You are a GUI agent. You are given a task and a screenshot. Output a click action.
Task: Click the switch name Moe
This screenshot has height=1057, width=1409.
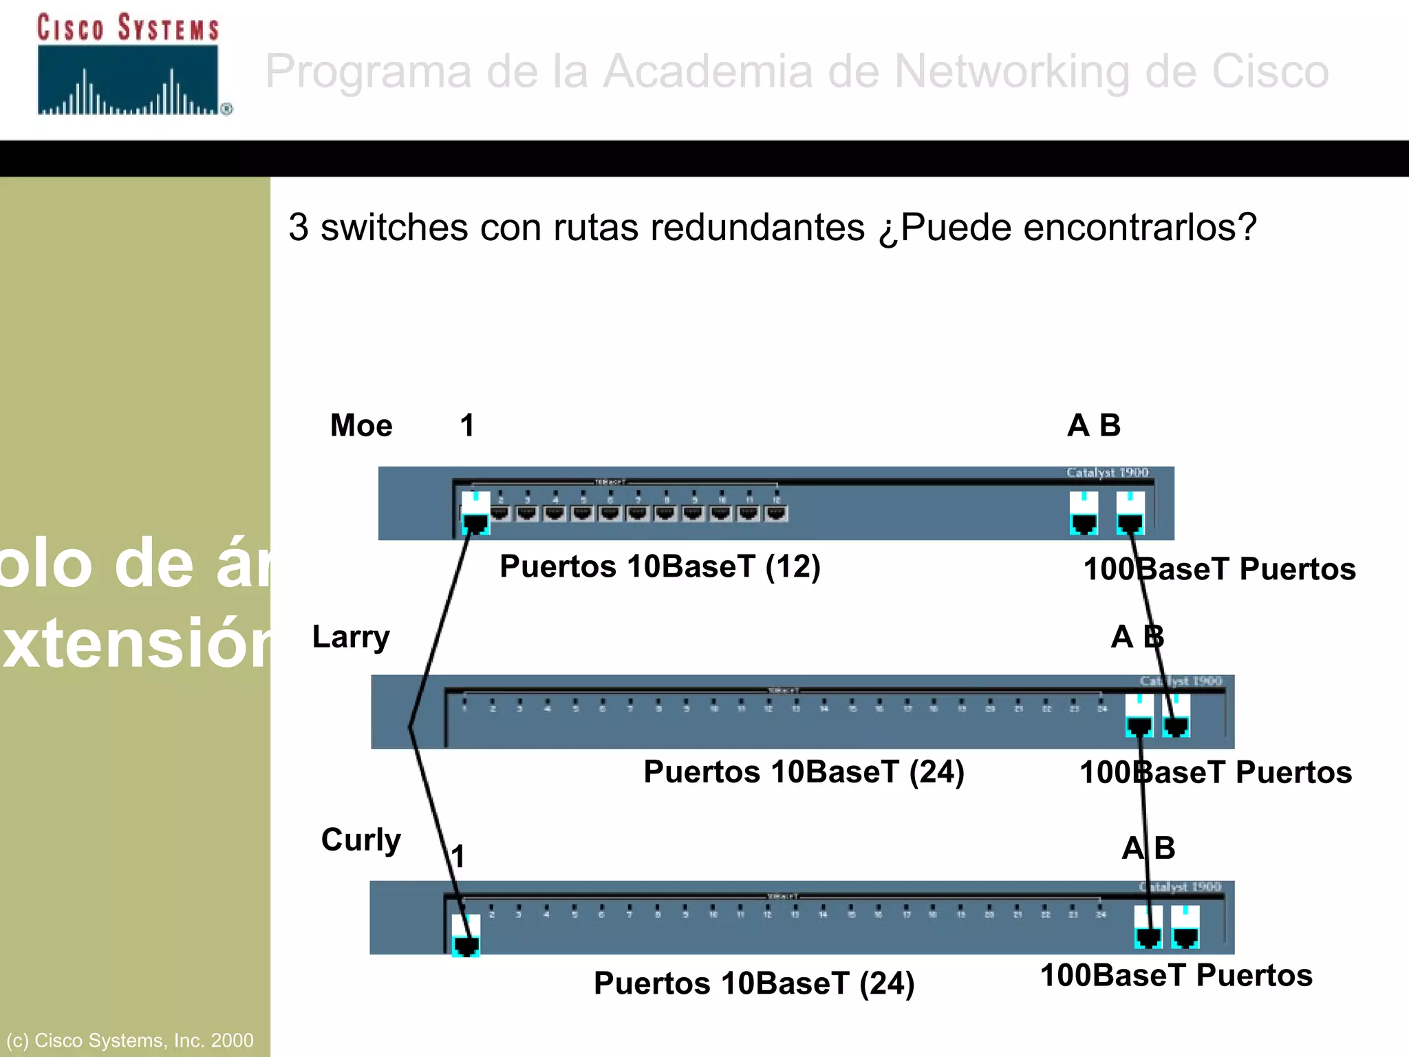[x=361, y=425]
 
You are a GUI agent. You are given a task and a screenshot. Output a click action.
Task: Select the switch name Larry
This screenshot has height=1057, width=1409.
[x=351, y=637]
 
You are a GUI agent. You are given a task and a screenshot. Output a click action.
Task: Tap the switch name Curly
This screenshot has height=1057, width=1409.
[x=361, y=840]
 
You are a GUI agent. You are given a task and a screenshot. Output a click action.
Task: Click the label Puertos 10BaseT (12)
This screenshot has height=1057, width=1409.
[x=660, y=566]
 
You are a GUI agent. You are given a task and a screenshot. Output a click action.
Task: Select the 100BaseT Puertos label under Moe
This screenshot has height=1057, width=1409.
[x=1219, y=569]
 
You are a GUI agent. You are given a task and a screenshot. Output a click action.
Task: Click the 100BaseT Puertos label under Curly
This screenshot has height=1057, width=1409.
[x=1176, y=975]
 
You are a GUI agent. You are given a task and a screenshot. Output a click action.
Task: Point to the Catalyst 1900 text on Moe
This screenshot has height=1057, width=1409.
[x=1108, y=473]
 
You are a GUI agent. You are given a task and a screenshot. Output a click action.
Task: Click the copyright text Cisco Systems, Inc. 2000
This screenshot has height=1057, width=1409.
[x=130, y=1040]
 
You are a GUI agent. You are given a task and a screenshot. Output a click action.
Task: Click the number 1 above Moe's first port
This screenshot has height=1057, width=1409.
[x=467, y=425]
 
